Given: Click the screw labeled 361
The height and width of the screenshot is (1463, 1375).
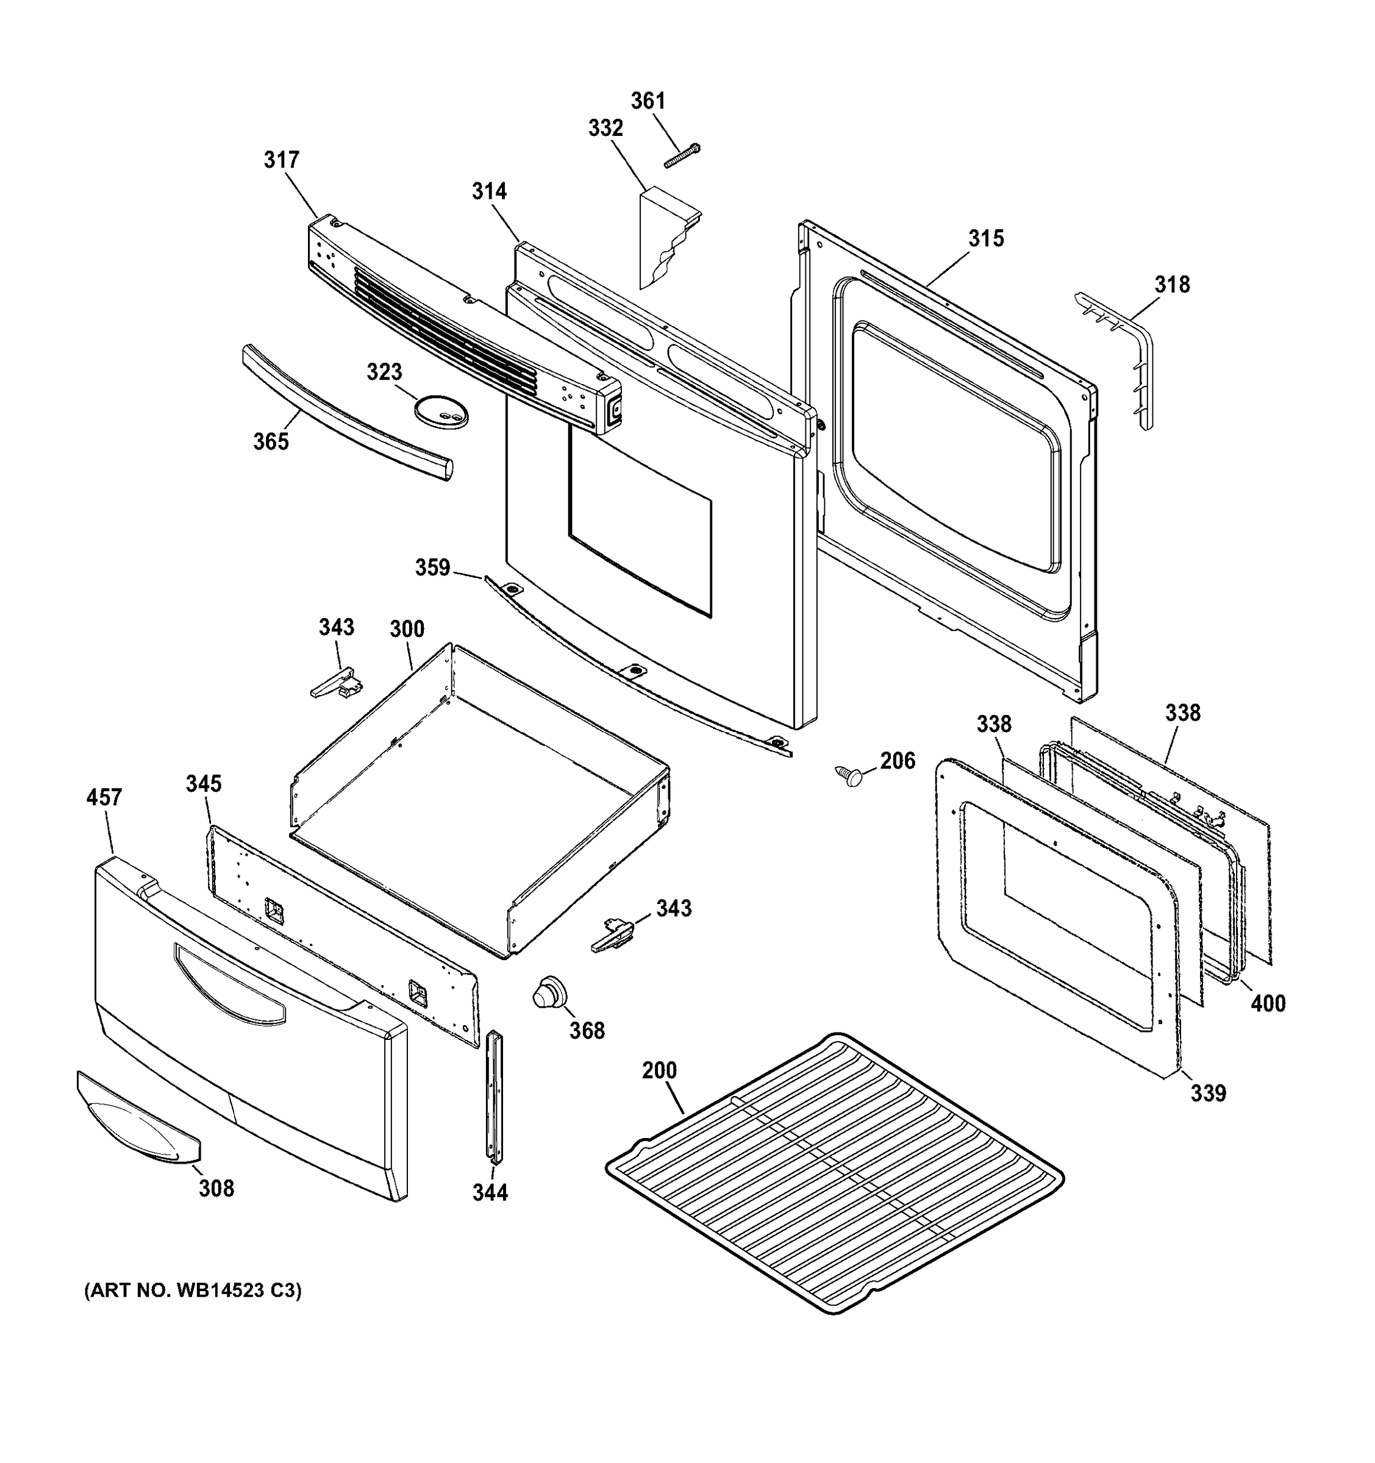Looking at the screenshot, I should [682, 156].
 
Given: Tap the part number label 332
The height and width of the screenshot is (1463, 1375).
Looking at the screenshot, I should [605, 129].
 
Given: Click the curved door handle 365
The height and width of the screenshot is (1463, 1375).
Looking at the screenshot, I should [346, 413].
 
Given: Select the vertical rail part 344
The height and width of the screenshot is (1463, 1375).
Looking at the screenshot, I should [493, 1097].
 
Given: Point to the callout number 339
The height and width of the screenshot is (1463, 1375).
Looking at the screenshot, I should [1209, 1093].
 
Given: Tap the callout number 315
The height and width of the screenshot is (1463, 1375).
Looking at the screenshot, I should [985, 238].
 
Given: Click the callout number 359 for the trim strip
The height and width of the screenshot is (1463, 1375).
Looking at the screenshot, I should [432, 568].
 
